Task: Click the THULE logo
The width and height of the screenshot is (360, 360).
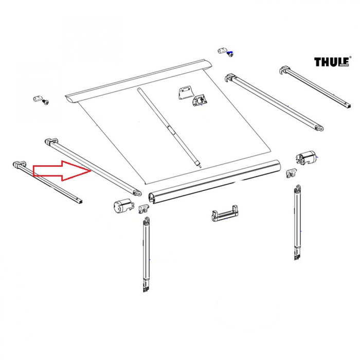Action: [331, 62]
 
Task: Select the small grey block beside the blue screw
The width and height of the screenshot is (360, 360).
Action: [222, 50]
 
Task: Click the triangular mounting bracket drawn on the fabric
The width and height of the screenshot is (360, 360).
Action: [184, 92]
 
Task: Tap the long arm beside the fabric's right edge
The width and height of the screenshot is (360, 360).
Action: [273, 102]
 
